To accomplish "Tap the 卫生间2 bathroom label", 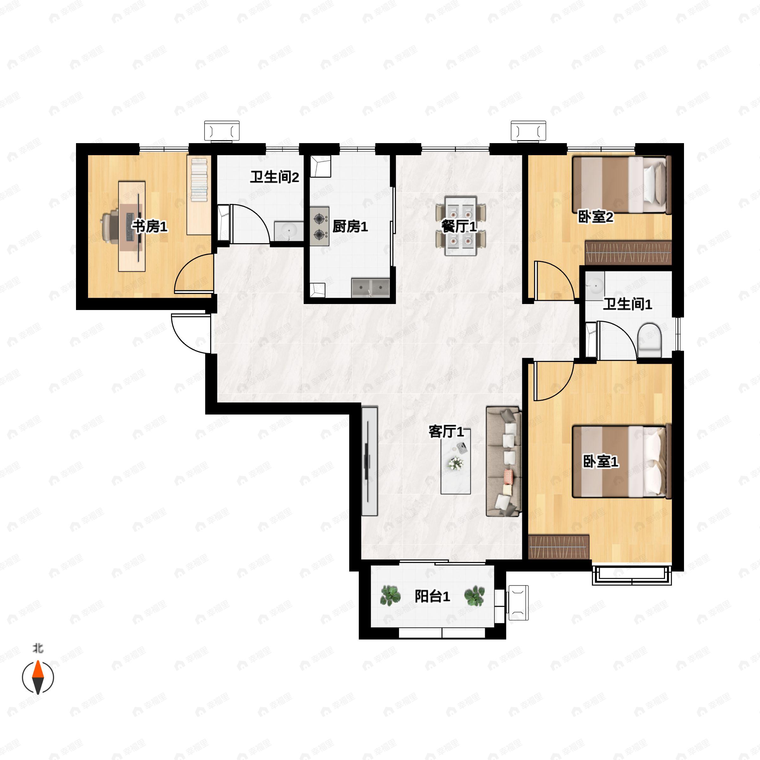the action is (275, 177).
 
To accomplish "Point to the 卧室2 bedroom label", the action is (595, 216).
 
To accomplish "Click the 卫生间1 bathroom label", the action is (627, 304).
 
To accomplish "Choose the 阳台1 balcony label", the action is (432, 596).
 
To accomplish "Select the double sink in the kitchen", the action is (370, 288).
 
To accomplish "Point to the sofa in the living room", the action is (504, 461).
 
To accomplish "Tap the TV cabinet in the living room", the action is (369, 461).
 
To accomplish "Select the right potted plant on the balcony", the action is (474, 596).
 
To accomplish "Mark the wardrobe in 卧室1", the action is (559, 547).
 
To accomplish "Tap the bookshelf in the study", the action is (199, 195).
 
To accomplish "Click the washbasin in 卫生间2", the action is (289, 231).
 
